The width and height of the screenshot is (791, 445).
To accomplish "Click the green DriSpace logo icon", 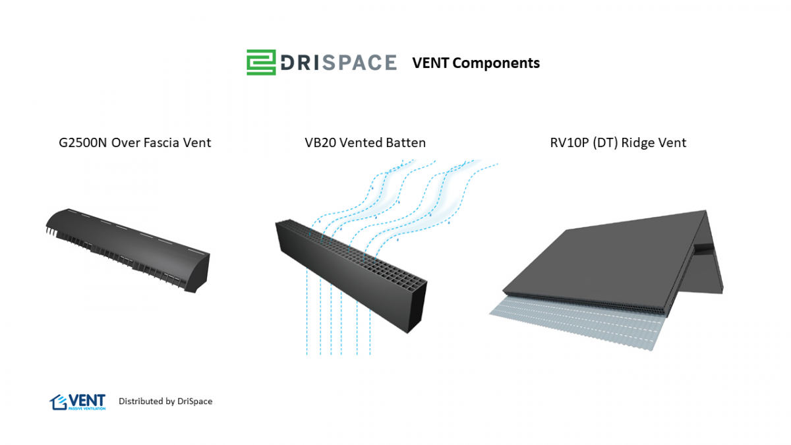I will pos(262,62).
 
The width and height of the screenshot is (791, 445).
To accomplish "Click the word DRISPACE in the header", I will pos(338,63).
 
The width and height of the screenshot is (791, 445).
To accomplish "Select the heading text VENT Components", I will pos(476,63).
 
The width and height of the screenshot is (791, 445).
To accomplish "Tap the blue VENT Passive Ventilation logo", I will pos(78,401).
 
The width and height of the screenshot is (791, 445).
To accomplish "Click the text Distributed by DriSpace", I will pos(165,401).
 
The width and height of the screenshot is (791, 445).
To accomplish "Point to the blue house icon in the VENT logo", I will pos(58,401).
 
